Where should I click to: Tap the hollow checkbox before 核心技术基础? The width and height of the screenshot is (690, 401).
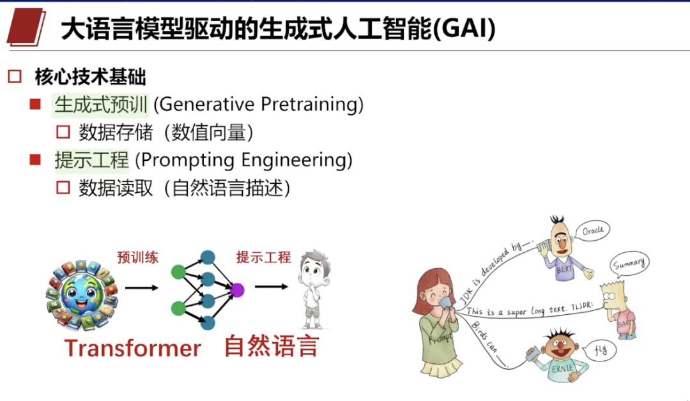point(15,77)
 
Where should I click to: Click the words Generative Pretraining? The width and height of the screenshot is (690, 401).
point(258,105)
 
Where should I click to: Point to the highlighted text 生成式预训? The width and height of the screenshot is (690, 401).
point(101,105)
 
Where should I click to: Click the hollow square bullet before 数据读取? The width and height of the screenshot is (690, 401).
point(63,188)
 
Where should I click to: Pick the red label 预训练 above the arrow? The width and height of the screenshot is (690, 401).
point(138,257)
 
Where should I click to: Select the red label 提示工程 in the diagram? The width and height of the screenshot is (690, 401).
point(264,257)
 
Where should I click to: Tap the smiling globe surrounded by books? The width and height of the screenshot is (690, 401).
point(82,294)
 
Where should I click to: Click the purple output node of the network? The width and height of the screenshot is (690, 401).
point(237,290)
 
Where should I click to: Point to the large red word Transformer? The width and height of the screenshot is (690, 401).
point(132,348)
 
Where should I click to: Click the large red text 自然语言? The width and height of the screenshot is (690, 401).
point(272,346)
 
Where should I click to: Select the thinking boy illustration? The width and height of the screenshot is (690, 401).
point(314,289)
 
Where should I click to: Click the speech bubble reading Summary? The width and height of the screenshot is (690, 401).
point(629,264)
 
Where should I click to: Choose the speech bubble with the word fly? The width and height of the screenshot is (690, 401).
point(600,351)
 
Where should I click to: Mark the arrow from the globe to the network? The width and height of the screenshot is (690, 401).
point(141,288)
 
